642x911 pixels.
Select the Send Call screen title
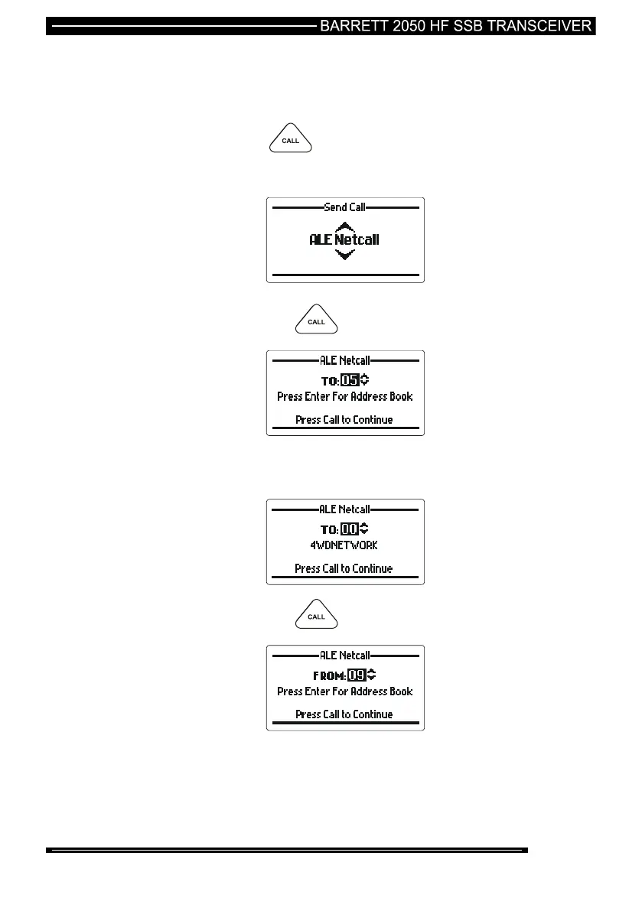coord(344,207)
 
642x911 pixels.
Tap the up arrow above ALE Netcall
coord(345,226)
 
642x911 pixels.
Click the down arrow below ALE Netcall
coord(345,254)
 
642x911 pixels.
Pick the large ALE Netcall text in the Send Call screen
coord(344,239)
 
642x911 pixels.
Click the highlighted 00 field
coord(350,529)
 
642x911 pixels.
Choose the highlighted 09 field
coord(357,675)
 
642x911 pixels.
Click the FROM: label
coord(330,675)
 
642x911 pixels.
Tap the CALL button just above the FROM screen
coord(317,617)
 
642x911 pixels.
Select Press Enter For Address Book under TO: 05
coord(344,397)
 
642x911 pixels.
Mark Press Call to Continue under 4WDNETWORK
coord(344,568)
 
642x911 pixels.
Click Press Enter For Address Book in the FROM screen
coord(344,691)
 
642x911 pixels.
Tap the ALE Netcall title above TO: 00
coord(344,509)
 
